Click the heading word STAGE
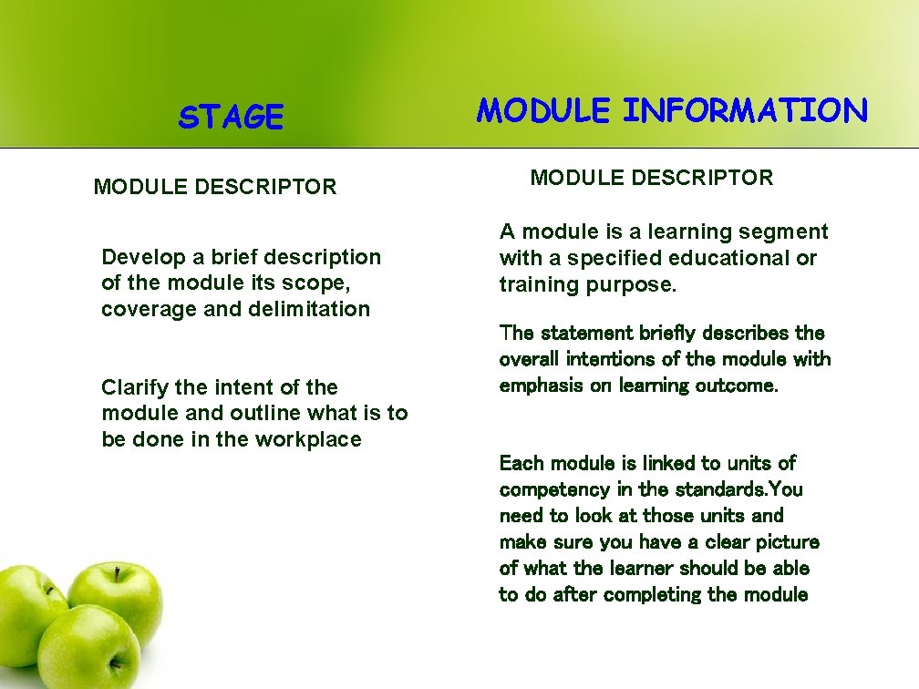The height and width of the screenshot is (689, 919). point(231,118)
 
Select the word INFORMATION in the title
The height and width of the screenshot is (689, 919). point(745,111)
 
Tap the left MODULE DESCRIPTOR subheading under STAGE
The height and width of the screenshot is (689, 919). point(215,188)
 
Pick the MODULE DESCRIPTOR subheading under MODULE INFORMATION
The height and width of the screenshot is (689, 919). point(652,178)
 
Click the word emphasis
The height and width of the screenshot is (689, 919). point(542,386)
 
